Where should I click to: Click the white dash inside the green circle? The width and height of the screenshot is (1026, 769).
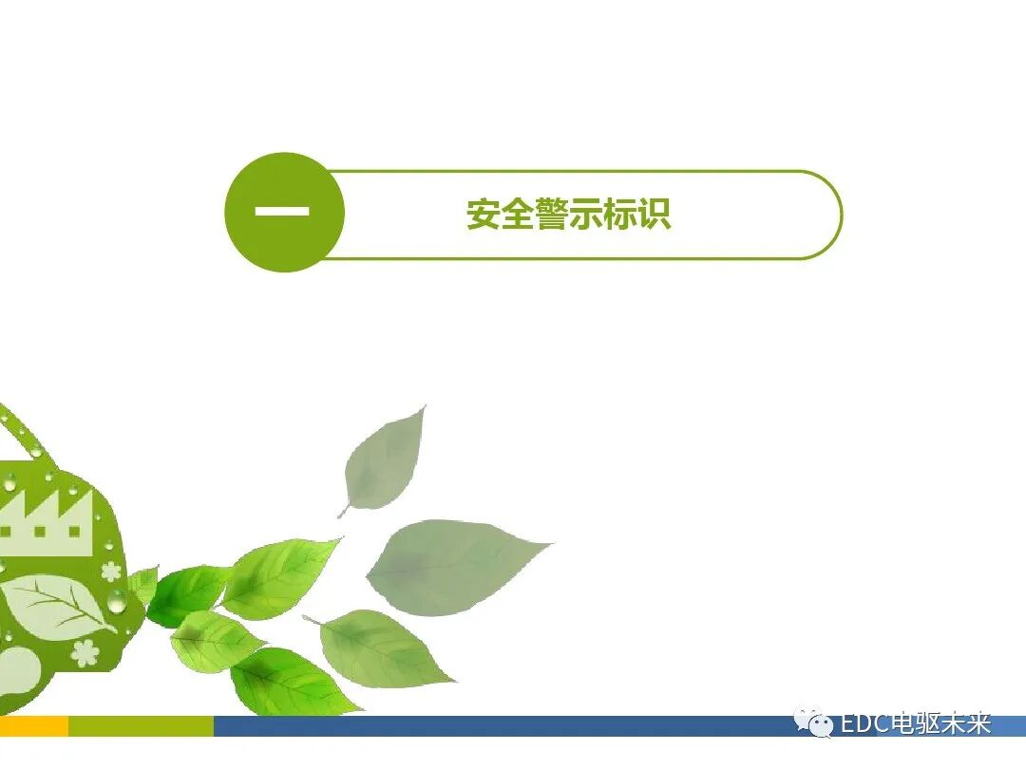point(282,211)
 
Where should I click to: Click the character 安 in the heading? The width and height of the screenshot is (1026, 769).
point(484,215)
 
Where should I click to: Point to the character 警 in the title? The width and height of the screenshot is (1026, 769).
point(552,215)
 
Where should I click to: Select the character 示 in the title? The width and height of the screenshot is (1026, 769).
point(586,215)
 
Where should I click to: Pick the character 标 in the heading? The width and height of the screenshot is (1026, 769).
point(620,215)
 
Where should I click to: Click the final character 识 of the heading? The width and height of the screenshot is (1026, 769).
point(655,215)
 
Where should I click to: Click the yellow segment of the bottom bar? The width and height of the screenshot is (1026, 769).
point(33,726)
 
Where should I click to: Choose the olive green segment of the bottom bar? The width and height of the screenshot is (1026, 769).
point(141,726)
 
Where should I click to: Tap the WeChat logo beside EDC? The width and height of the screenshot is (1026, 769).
point(814,723)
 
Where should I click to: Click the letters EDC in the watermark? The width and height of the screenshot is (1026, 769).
point(864,724)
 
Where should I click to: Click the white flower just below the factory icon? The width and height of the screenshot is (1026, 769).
point(111,571)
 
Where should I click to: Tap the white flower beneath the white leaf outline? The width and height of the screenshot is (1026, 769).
point(85,651)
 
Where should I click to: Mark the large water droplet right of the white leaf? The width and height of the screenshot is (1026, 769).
point(117,600)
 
